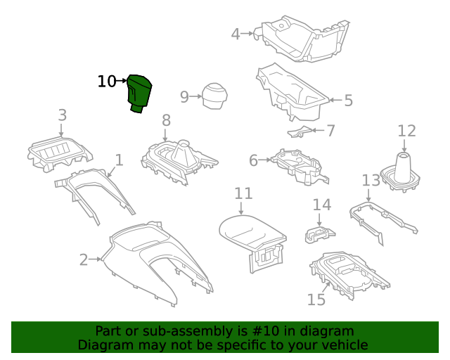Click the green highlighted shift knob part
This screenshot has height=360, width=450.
point(139,94)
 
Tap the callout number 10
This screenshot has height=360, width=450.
point(106,82)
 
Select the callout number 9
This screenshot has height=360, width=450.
point(184,97)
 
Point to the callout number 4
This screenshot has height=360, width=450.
point(236,33)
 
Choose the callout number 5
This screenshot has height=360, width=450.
point(348,101)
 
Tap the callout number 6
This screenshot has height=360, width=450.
point(254,161)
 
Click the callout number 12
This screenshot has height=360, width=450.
point(406,131)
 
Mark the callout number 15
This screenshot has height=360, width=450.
point(316,300)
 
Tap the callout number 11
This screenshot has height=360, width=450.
point(243,193)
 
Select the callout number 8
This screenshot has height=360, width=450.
point(166,120)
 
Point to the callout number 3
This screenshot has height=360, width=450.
point(62,115)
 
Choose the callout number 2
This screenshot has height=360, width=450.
point(84,260)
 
